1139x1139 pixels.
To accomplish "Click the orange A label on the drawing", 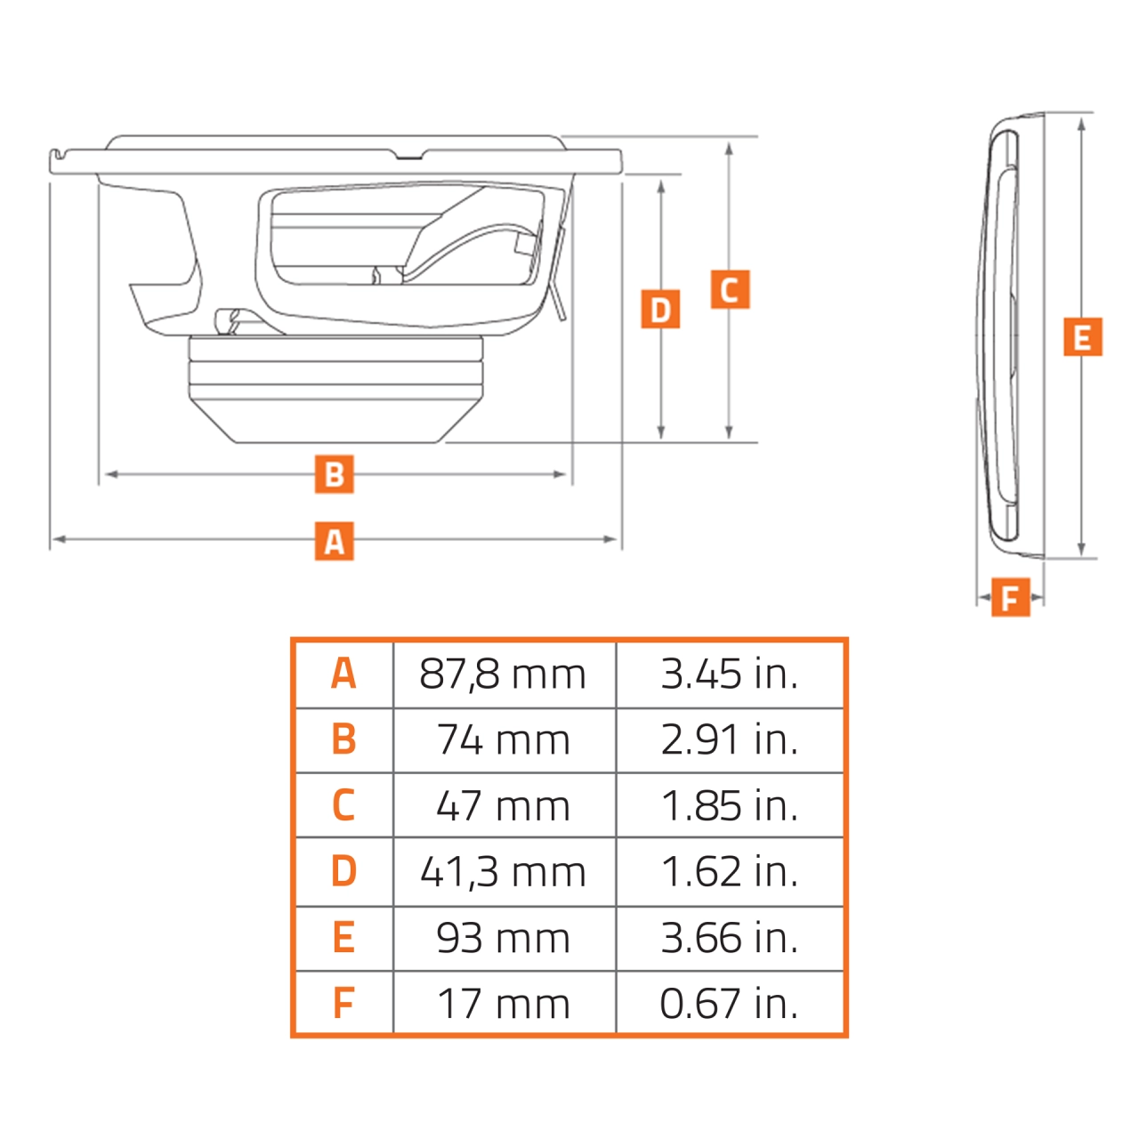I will pos(334,541).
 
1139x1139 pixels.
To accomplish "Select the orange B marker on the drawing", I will pos(334,474).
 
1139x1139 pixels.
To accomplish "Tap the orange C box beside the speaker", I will pos(730,290).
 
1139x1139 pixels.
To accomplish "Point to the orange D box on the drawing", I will pos(660,310).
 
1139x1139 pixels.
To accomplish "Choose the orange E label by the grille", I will pos(1082,337).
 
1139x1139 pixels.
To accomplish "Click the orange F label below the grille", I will pos(1010,597).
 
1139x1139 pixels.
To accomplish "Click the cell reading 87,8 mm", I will pos(503,675).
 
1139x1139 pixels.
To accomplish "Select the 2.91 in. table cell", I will pos(729,740).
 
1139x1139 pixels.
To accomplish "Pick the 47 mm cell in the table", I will pos(503,806).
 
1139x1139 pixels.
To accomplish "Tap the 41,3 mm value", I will pos(503,872).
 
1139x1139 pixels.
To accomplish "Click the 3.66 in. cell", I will pos(729,938).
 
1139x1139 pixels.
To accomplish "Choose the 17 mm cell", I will pos(503,1004).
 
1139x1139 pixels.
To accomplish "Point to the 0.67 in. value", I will pos(729,1004).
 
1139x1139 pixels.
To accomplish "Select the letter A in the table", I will pos(343,675).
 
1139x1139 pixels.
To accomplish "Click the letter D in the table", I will pos(343,872).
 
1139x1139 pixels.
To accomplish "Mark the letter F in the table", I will pos(343,1004).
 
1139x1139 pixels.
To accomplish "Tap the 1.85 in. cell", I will pos(729,806).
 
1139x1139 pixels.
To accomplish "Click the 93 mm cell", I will pos(503,938).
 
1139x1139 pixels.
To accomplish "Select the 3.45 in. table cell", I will pos(729,675).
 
